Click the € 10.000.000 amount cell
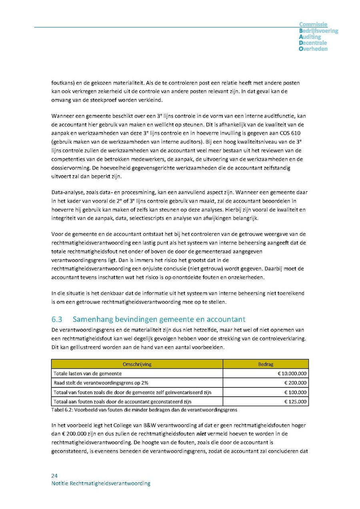pyautogui.click(x=292, y=373)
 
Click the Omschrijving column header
pyautogui.click(x=137, y=364)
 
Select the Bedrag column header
pyautogui.click(x=266, y=364)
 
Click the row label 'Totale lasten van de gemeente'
pyautogui.click(x=88, y=373)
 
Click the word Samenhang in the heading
pyautogui.click(x=92, y=319)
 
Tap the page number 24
pyautogui.click(x=54, y=475)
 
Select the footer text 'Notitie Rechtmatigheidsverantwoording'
pyautogui.click(x=101, y=483)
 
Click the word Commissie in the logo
pyautogui.click(x=313, y=25)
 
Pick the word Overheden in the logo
pyautogui.click(x=313, y=49)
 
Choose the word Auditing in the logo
pyautogui.click(x=310, y=37)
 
